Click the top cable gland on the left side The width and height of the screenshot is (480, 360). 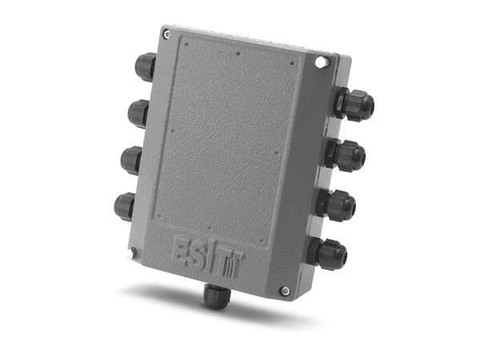point(145,66)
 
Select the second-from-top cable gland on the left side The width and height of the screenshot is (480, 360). point(138,113)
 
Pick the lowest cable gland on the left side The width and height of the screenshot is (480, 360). point(126,206)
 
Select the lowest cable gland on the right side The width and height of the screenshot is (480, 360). point(328,254)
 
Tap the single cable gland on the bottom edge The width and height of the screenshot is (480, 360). point(213,296)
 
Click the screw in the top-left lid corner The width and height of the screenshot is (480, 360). point(166,34)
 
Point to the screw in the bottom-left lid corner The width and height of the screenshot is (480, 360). point(133,254)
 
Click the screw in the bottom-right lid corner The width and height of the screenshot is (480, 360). point(285,290)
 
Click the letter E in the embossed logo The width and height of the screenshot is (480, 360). point(182,249)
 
